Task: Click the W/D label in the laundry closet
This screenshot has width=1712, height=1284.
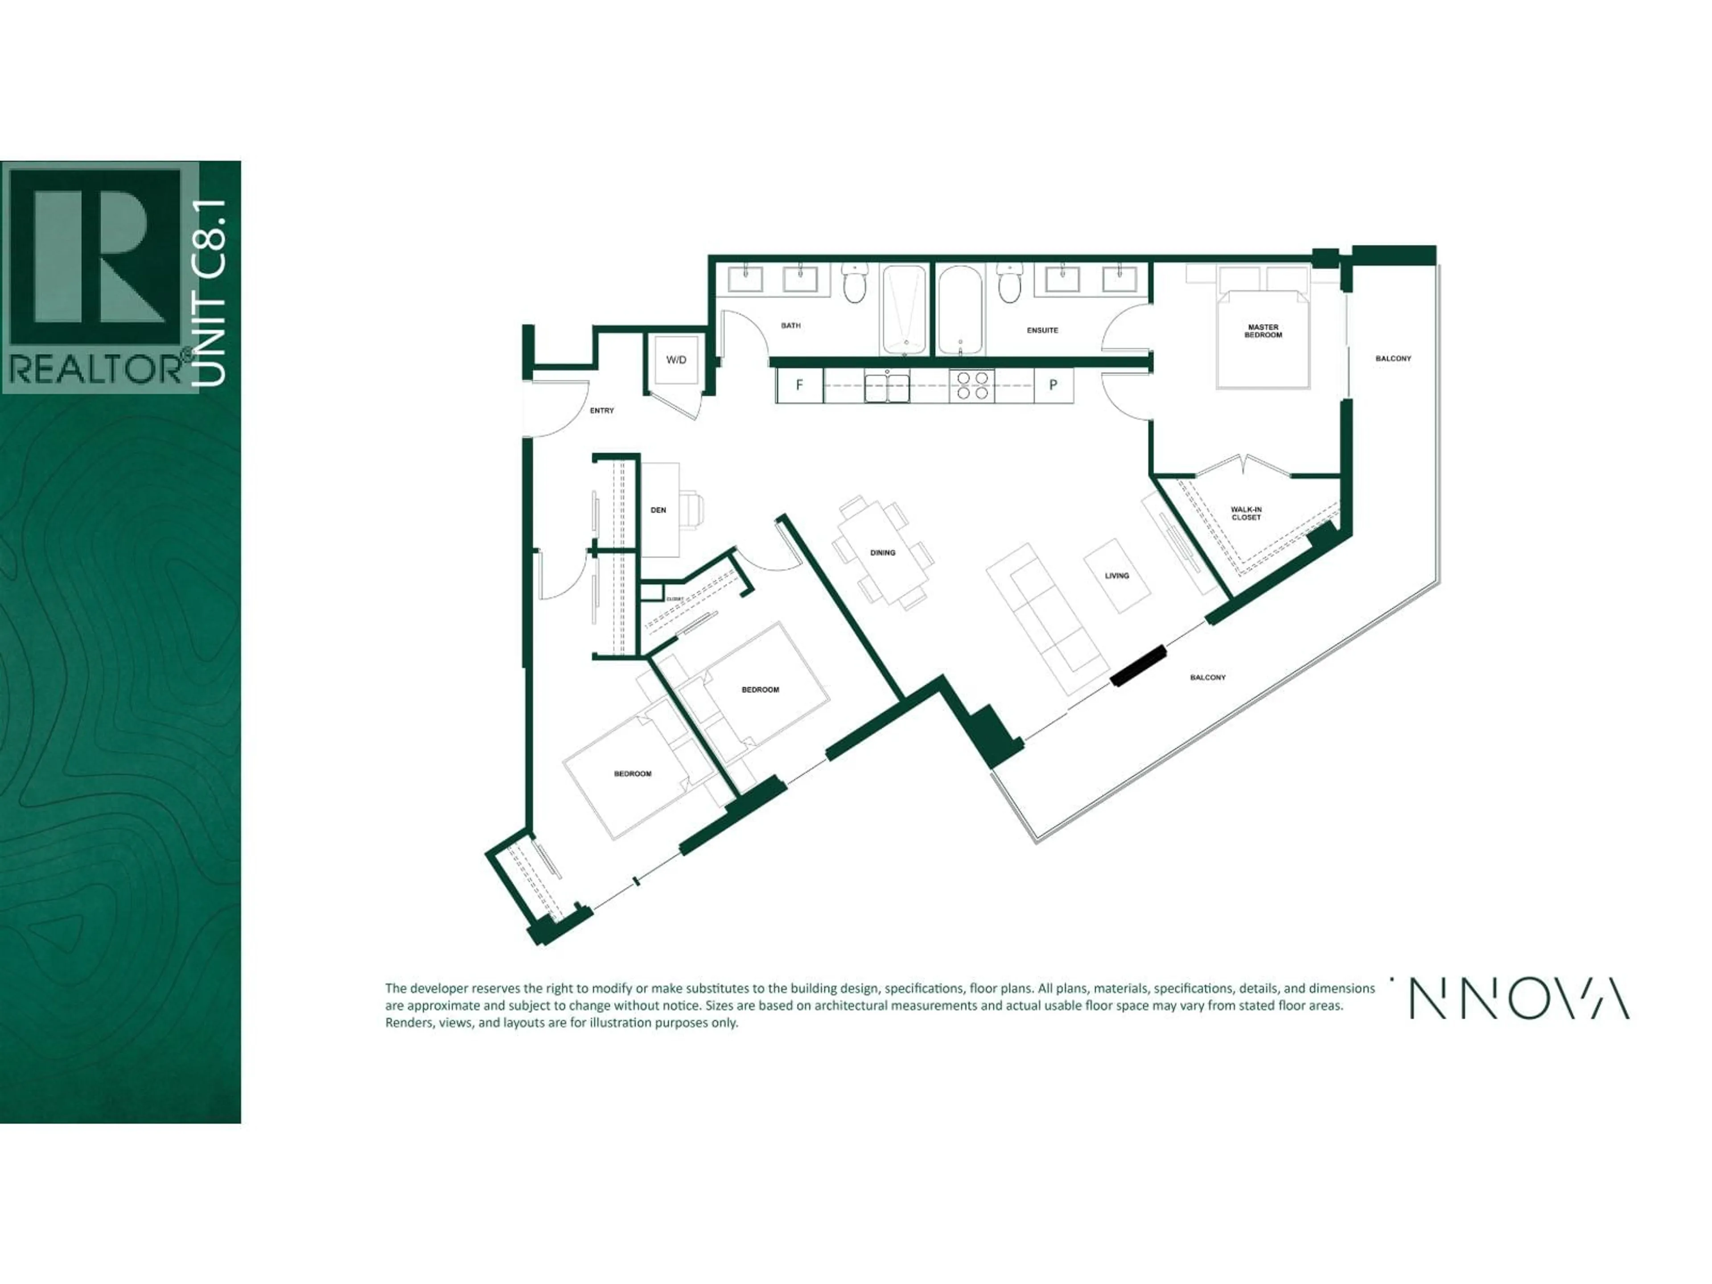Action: (x=676, y=360)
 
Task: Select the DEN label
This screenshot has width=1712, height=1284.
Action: (x=658, y=510)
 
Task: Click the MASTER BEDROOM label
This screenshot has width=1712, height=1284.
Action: (x=1263, y=331)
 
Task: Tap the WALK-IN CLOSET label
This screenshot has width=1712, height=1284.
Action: (x=1246, y=513)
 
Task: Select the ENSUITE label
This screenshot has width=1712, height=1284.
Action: (x=1042, y=330)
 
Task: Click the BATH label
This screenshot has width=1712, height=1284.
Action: (x=790, y=326)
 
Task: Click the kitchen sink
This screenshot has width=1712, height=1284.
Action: (x=887, y=386)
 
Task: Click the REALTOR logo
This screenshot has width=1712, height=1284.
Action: (x=99, y=277)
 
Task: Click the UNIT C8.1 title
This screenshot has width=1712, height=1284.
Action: (x=210, y=292)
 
